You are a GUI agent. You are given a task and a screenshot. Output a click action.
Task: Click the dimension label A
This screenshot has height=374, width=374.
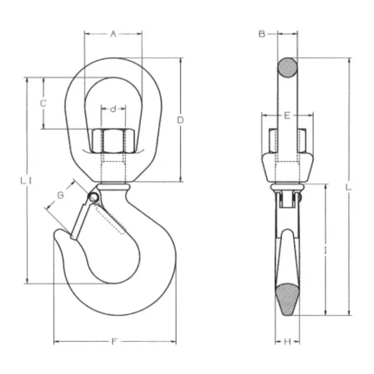pos(113,35)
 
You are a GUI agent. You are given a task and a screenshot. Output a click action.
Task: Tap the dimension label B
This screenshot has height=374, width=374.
pos(262,34)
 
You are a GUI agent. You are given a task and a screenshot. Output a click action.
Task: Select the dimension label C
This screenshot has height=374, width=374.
pos(43,104)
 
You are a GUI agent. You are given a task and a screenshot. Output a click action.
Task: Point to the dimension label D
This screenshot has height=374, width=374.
pos(180,120)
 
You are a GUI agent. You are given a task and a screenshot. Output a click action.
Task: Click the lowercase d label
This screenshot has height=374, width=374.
pos(113,109)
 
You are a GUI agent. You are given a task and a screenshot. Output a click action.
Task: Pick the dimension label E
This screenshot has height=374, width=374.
pos(287,116)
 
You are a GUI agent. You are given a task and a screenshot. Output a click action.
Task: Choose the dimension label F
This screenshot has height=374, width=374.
pos(114,342)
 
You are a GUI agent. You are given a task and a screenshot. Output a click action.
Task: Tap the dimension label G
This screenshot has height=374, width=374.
pos(60,195)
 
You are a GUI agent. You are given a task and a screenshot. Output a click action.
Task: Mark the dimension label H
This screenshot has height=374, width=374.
pos(287,342)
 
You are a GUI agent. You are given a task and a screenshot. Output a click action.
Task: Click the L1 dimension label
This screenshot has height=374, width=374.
pos(26,181)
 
